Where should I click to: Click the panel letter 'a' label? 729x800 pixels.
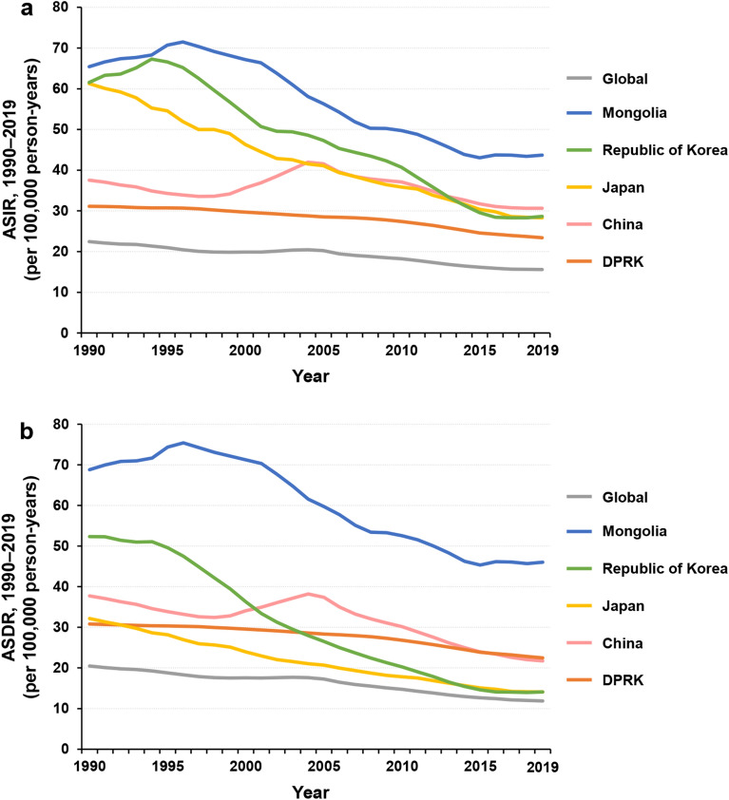[10, 11]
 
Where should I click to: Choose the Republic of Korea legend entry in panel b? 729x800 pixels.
[663, 567]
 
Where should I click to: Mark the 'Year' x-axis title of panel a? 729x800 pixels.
[311, 375]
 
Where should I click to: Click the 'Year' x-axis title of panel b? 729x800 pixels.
[311, 790]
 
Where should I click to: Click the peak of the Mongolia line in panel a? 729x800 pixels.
[182, 42]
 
